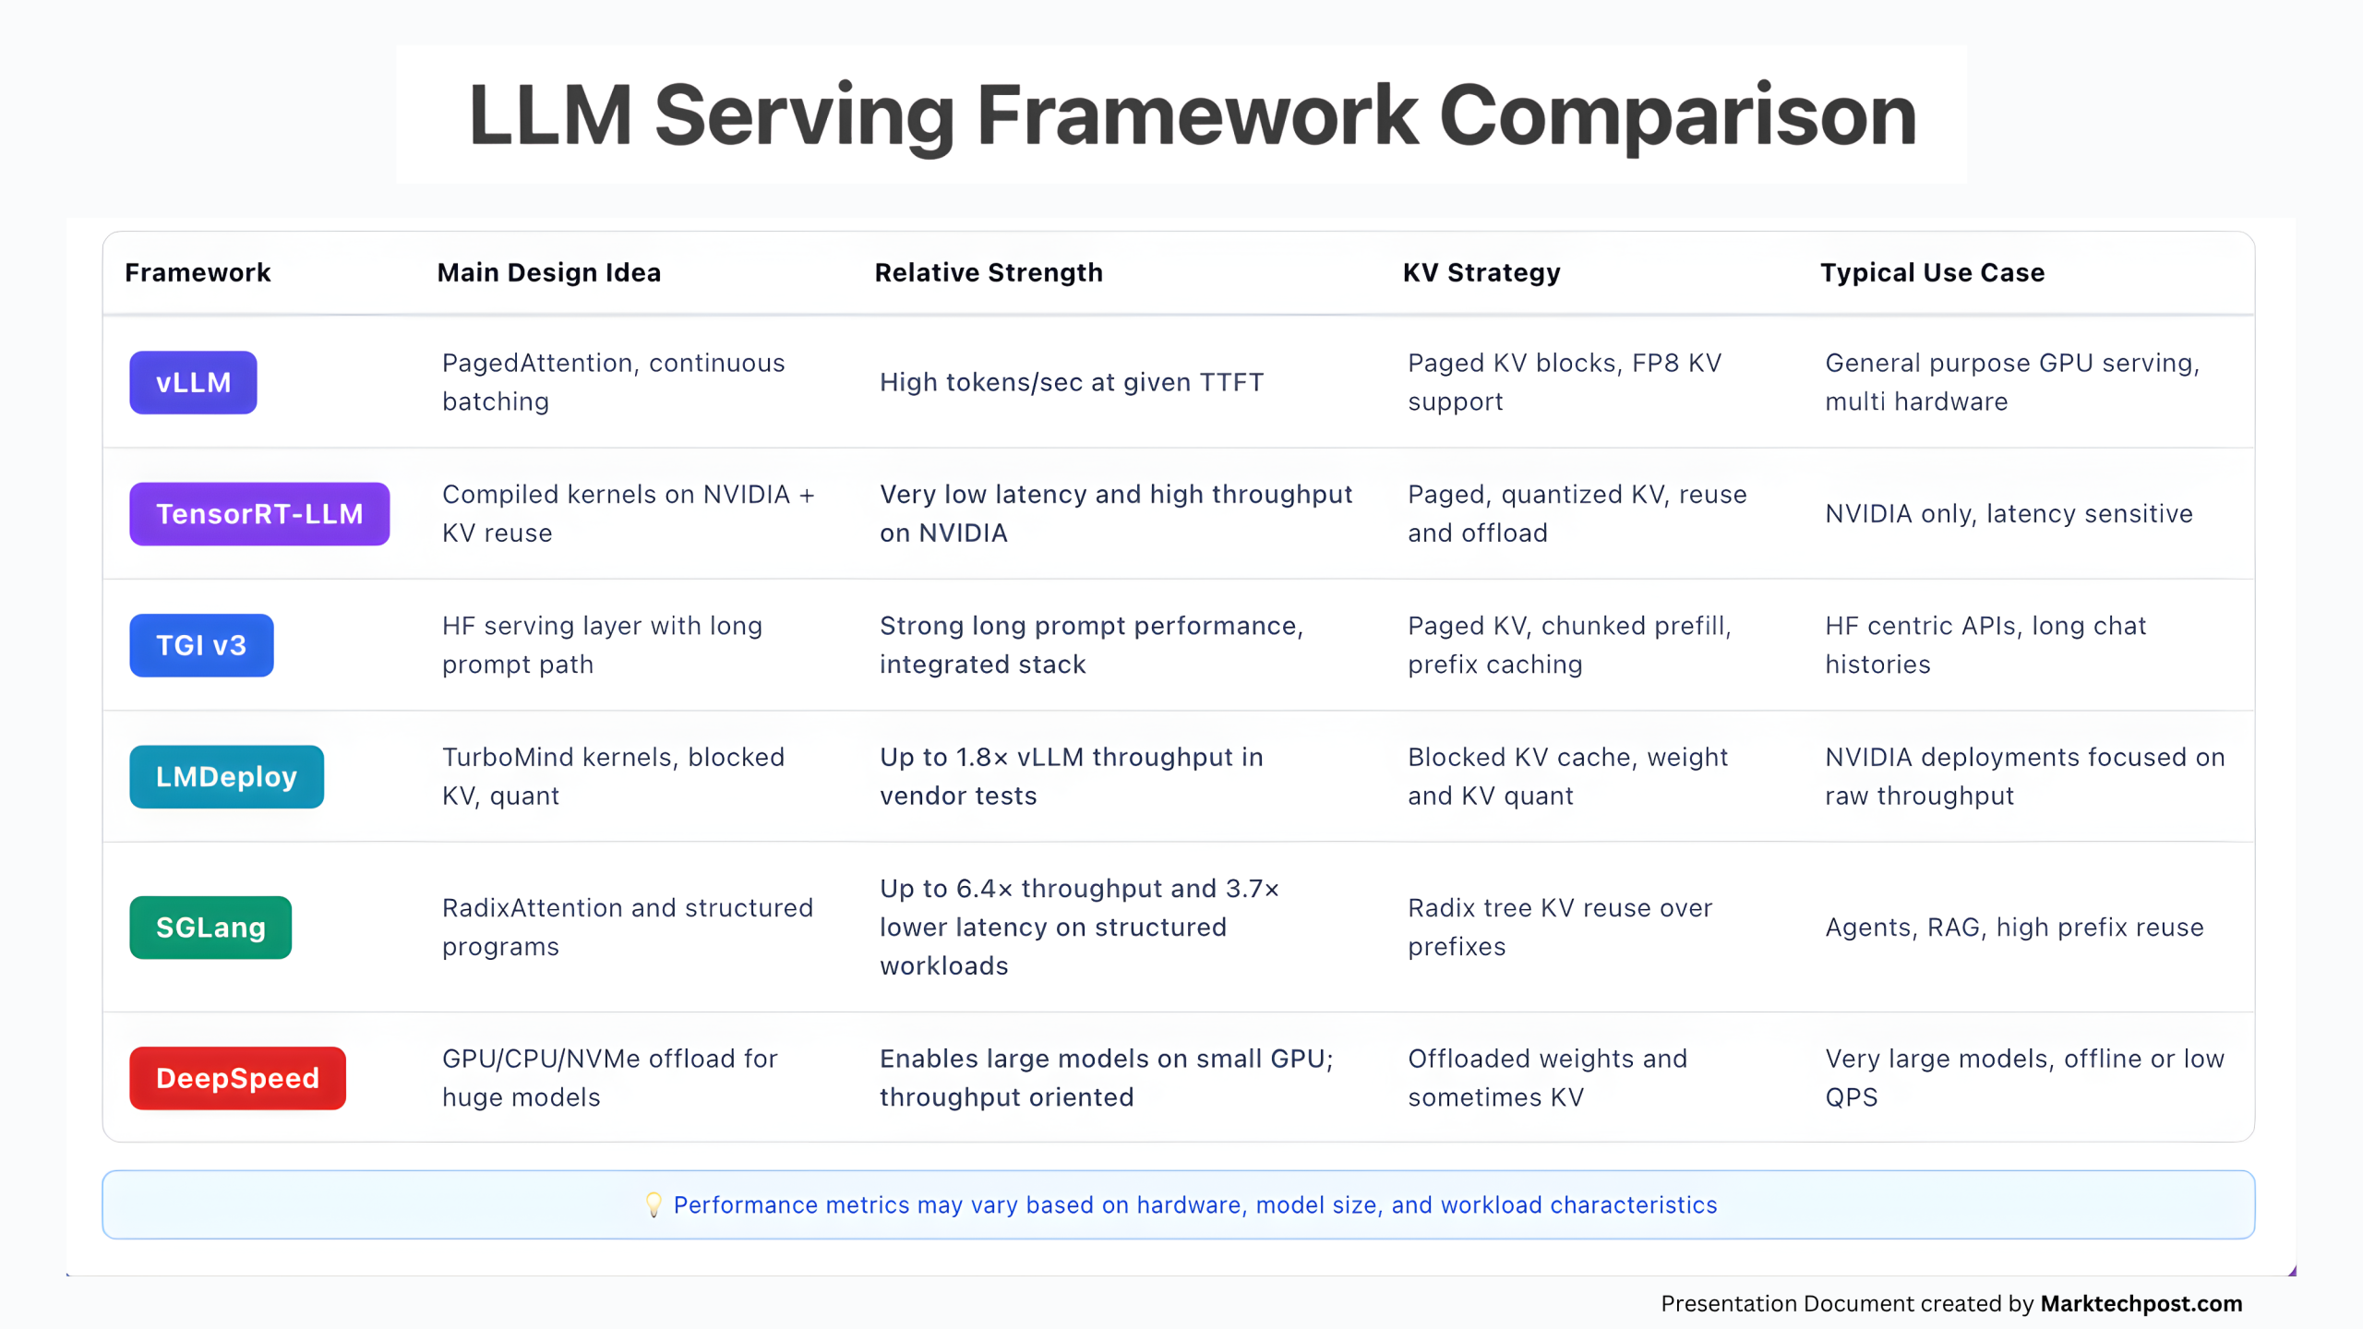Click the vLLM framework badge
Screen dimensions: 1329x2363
click(193, 382)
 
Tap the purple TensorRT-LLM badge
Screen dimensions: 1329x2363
click(259, 514)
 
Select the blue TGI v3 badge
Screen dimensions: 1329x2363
click(201, 645)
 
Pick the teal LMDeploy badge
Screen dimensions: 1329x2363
click(226, 777)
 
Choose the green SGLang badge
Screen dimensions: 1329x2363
click(210, 928)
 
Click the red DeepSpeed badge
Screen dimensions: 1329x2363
click(237, 1078)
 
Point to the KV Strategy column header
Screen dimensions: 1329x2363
click(1481, 272)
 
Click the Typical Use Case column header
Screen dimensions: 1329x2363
click(1932, 272)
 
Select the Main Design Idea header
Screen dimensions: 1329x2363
click(549, 272)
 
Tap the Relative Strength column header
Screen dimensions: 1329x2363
click(989, 272)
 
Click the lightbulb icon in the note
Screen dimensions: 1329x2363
click(654, 1204)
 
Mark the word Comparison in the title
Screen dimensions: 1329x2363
click(1677, 115)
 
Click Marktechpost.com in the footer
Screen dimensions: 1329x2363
click(2141, 1303)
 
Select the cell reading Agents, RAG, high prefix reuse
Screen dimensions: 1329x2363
click(2014, 928)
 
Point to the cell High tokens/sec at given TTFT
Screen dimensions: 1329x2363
click(1072, 382)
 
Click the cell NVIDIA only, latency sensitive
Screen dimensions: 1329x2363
click(2009, 514)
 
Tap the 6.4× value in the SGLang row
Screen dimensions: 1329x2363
click(984, 889)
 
